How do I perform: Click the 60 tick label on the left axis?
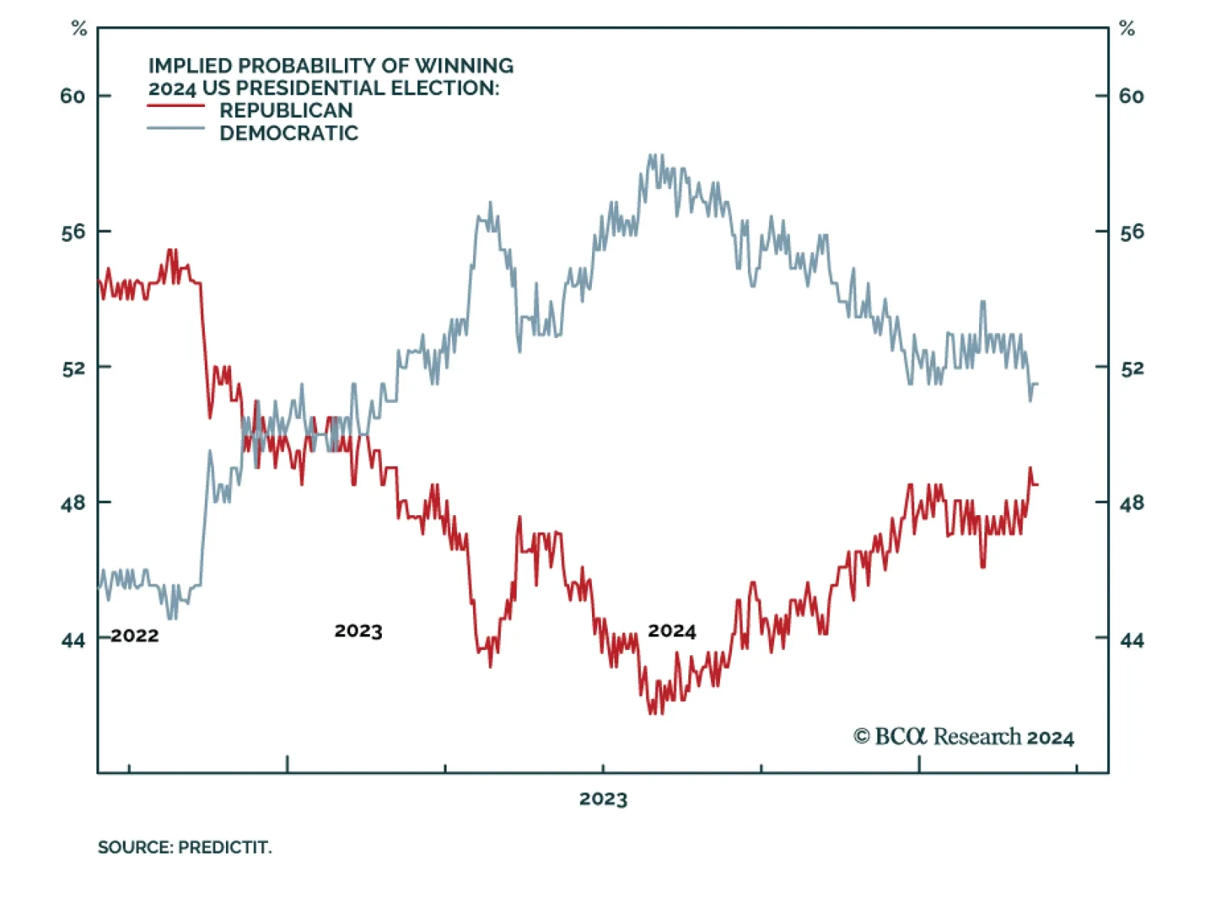(72, 96)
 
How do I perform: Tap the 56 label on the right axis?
(1131, 232)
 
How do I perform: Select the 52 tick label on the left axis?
(74, 368)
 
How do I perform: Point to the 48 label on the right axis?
(1131, 503)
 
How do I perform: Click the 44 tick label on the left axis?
(73, 640)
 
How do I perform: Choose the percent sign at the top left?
(79, 29)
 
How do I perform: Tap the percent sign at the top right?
(1127, 29)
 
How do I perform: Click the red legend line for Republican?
(175, 106)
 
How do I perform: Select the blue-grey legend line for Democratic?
(175, 129)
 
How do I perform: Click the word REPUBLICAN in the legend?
(286, 111)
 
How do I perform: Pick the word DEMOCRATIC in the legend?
(289, 133)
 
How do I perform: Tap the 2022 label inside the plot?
(135, 636)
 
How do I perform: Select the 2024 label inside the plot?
(672, 630)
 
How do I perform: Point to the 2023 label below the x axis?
(602, 799)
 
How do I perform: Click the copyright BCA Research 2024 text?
(963, 737)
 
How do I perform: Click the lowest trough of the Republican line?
(652, 712)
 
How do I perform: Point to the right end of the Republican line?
(1037, 484)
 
